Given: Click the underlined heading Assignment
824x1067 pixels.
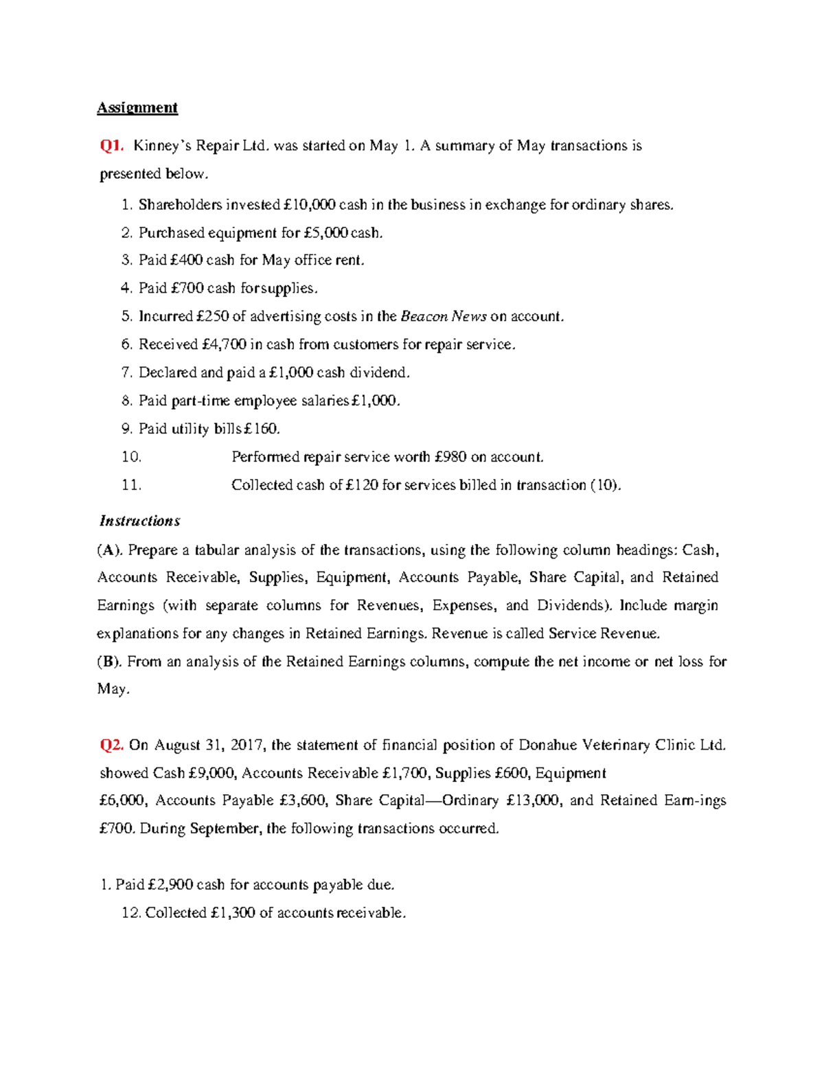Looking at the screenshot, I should pyautogui.click(x=137, y=108).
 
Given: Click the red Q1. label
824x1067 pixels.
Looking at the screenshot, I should pyautogui.click(x=112, y=146).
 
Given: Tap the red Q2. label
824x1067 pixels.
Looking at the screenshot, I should pyautogui.click(x=112, y=745).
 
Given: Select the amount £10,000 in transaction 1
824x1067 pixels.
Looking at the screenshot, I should pyautogui.click(x=309, y=205).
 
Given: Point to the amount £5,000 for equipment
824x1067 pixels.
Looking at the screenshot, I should pyautogui.click(x=326, y=233).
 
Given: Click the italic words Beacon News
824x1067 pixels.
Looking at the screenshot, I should pyautogui.click(x=444, y=317).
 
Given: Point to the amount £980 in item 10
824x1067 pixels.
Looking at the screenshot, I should pyautogui.click(x=451, y=458).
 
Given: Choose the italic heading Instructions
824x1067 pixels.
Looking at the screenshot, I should pyautogui.click(x=139, y=521).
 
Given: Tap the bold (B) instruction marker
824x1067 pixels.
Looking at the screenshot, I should pyautogui.click(x=109, y=662).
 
